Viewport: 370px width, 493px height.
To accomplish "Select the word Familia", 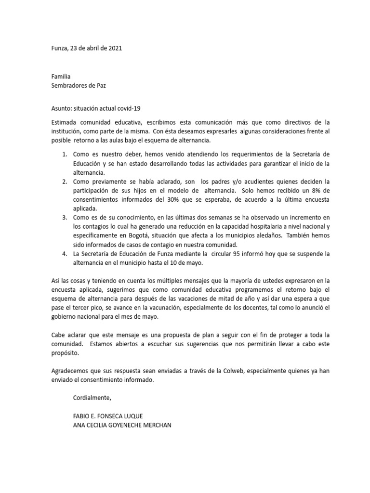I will [61, 76].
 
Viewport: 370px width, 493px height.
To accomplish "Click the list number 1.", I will [65, 154].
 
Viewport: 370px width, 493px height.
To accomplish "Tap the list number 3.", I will [65, 218].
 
